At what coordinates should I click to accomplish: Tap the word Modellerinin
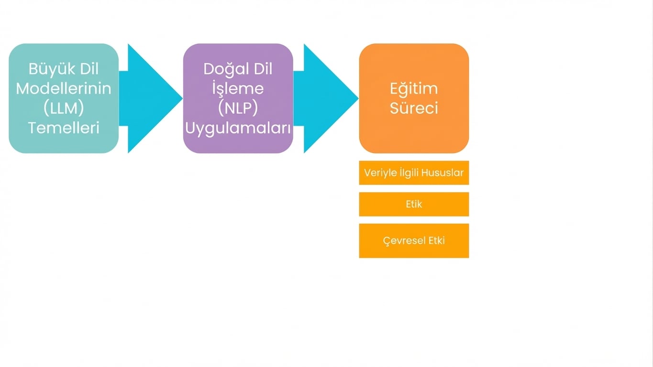tap(64, 89)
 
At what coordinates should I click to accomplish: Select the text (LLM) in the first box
tap(64, 108)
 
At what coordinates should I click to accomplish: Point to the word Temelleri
tap(64, 128)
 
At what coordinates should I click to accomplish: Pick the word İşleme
tap(238, 89)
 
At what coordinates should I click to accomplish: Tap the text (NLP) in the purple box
tap(238, 108)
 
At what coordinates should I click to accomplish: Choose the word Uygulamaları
tap(238, 128)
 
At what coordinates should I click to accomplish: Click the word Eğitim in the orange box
tap(414, 89)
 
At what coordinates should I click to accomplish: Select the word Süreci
tap(414, 108)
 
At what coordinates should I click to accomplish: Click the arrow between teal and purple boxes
tap(151, 98)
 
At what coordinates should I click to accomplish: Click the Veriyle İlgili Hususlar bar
tap(414, 173)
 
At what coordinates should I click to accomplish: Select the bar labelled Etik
tap(414, 204)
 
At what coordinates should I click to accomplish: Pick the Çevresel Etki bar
tap(414, 240)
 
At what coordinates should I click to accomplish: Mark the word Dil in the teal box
tap(89, 69)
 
